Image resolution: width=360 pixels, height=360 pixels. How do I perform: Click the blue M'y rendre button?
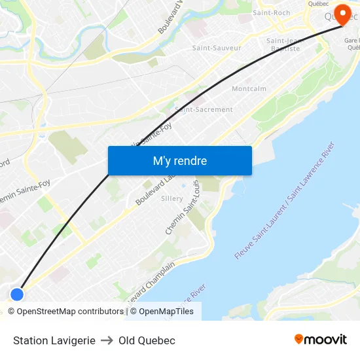tap(179, 160)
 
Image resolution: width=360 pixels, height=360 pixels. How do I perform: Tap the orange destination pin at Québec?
tap(342, 14)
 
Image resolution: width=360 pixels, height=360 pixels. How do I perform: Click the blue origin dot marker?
tap(18, 295)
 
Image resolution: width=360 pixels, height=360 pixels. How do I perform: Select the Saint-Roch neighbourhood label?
tap(271, 12)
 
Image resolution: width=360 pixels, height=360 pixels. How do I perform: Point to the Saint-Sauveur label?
tap(217, 48)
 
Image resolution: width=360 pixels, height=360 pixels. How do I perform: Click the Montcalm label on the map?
tap(249, 88)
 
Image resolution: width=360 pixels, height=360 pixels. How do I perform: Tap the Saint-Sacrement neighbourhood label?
tap(204, 109)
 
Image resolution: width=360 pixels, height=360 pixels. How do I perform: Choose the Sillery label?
tap(172, 198)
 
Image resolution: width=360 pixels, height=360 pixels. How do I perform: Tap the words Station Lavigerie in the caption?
tap(54, 340)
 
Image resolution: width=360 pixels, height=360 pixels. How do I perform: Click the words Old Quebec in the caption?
tap(147, 340)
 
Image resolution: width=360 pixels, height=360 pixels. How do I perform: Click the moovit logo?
tap(321, 339)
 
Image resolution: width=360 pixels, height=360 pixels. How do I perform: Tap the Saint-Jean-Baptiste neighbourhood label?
tap(283, 45)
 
